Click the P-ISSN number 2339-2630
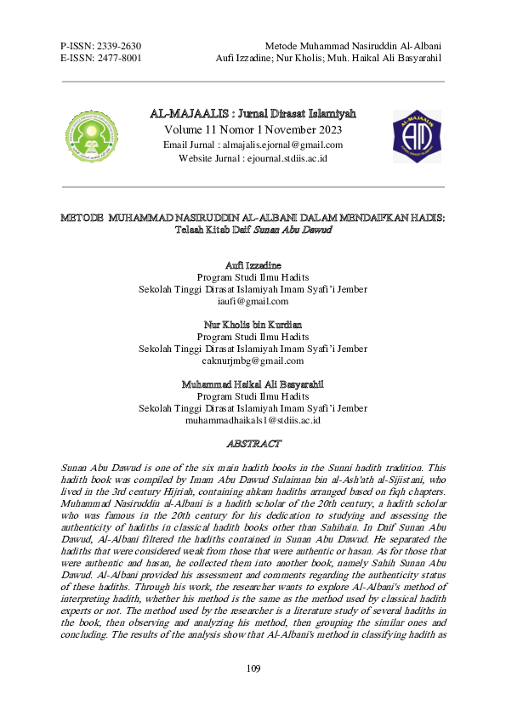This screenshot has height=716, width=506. (120, 45)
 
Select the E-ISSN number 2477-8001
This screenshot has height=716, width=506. (120, 58)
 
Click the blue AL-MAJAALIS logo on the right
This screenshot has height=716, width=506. (415, 135)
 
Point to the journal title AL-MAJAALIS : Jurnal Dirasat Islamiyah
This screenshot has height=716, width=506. (253, 114)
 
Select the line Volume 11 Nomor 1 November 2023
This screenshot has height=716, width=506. (253, 129)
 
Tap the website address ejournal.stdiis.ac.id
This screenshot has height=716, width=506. (284, 159)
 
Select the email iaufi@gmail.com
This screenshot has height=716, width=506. (253, 301)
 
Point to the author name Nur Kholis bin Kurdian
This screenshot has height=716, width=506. (253, 326)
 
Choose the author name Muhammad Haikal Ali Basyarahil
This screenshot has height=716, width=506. (253, 384)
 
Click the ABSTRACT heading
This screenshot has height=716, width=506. (253, 444)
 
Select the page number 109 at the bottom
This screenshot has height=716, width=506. (253, 669)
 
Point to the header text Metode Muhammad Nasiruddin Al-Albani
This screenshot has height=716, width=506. (358, 45)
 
